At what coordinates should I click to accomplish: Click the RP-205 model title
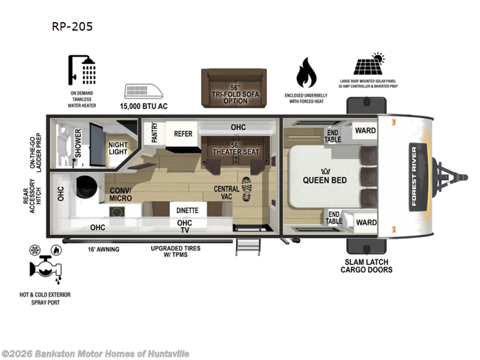(x=73, y=26)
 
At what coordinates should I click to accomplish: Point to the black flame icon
(x=307, y=73)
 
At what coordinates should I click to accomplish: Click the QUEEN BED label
(x=325, y=180)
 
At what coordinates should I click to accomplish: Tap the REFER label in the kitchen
(x=183, y=134)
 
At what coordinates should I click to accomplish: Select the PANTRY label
(x=154, y=133)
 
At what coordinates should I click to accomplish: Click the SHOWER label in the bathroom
(x=78, y=143)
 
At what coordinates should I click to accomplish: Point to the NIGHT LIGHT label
(x=118, y=148)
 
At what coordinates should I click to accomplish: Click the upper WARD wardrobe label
(x=365, y=130)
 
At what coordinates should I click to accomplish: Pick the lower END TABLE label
(x=334, y=218)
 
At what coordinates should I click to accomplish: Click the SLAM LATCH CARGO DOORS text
(x=366, y=266)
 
